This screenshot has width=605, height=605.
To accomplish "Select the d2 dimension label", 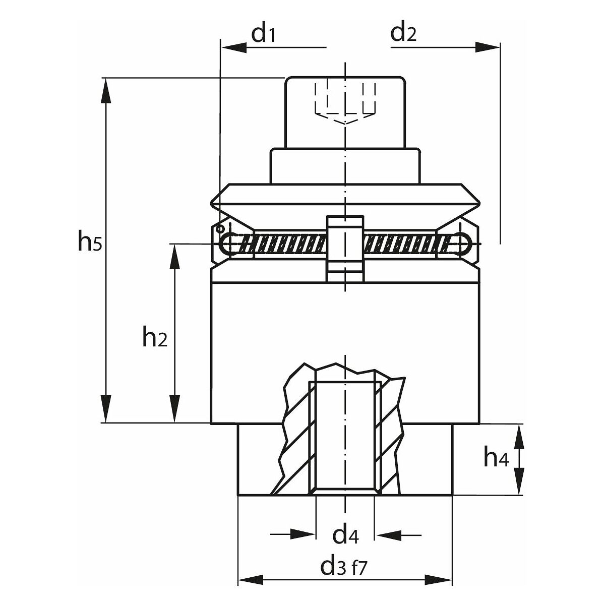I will (x=404, y=34).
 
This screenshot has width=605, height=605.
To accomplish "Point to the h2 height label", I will (x=154, y=338).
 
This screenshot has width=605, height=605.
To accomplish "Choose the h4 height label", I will (x=496, y=458).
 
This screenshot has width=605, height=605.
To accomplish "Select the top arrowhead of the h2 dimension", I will (x=174, y=257).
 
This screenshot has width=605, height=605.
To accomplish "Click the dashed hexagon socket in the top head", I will (x=345, y=103).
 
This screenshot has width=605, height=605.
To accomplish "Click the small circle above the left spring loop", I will (x=220, y=229).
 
